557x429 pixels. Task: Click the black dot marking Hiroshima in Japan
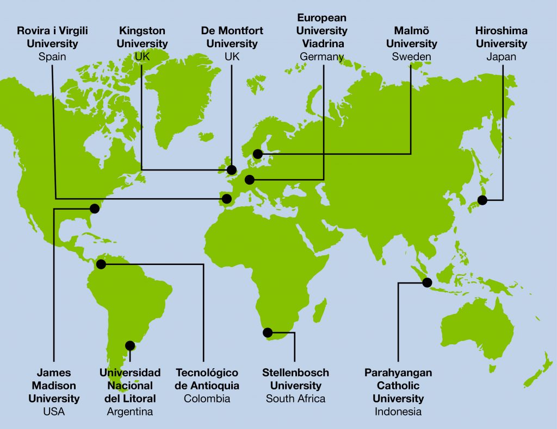[482, 200]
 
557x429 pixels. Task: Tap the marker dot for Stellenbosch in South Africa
[268, 332]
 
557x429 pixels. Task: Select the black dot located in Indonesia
[427, 282]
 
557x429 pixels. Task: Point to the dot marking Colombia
[101, 264]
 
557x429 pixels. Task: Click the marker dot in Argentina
[130, 345]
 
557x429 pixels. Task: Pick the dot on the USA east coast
[95, 207]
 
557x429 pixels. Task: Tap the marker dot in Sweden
[258, 154]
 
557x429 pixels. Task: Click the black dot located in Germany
[250, 180]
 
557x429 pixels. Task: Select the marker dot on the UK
[232, 169]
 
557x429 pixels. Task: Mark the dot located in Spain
[226, 199]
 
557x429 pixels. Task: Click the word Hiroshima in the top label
[501, 30]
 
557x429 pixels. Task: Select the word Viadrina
[321, 43]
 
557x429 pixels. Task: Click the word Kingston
[142, 30]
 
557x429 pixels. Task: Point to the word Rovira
[34, 30]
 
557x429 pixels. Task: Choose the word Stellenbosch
[295, 373]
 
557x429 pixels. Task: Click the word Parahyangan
[398, 373]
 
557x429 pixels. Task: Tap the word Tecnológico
[207, 373]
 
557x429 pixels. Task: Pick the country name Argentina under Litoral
[129, 412]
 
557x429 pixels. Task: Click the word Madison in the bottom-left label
[54, 386]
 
